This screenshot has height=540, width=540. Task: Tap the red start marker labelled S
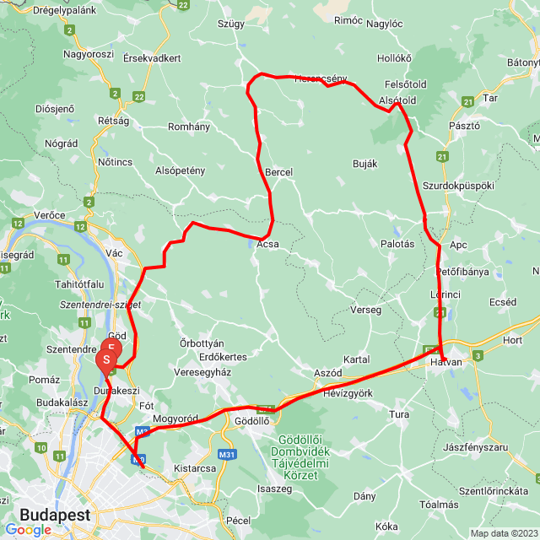(x=107, y=360)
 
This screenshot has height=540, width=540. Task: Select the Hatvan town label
(x=446, y=361)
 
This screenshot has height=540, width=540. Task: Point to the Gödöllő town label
(x=251, y=420)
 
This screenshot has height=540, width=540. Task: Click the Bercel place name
(x=278, y=172)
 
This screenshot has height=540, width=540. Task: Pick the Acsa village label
(x=267, y=245)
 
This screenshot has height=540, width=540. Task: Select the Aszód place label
(x=327, y=372)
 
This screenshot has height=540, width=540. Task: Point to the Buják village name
(x=364, y=164)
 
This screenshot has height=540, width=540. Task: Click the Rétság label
(x=114, y=121)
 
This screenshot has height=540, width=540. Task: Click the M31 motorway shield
(x=227, y=455)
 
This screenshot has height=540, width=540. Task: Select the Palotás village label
(x=397, y=244)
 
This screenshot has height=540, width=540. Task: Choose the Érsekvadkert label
(x=152, y=58)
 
